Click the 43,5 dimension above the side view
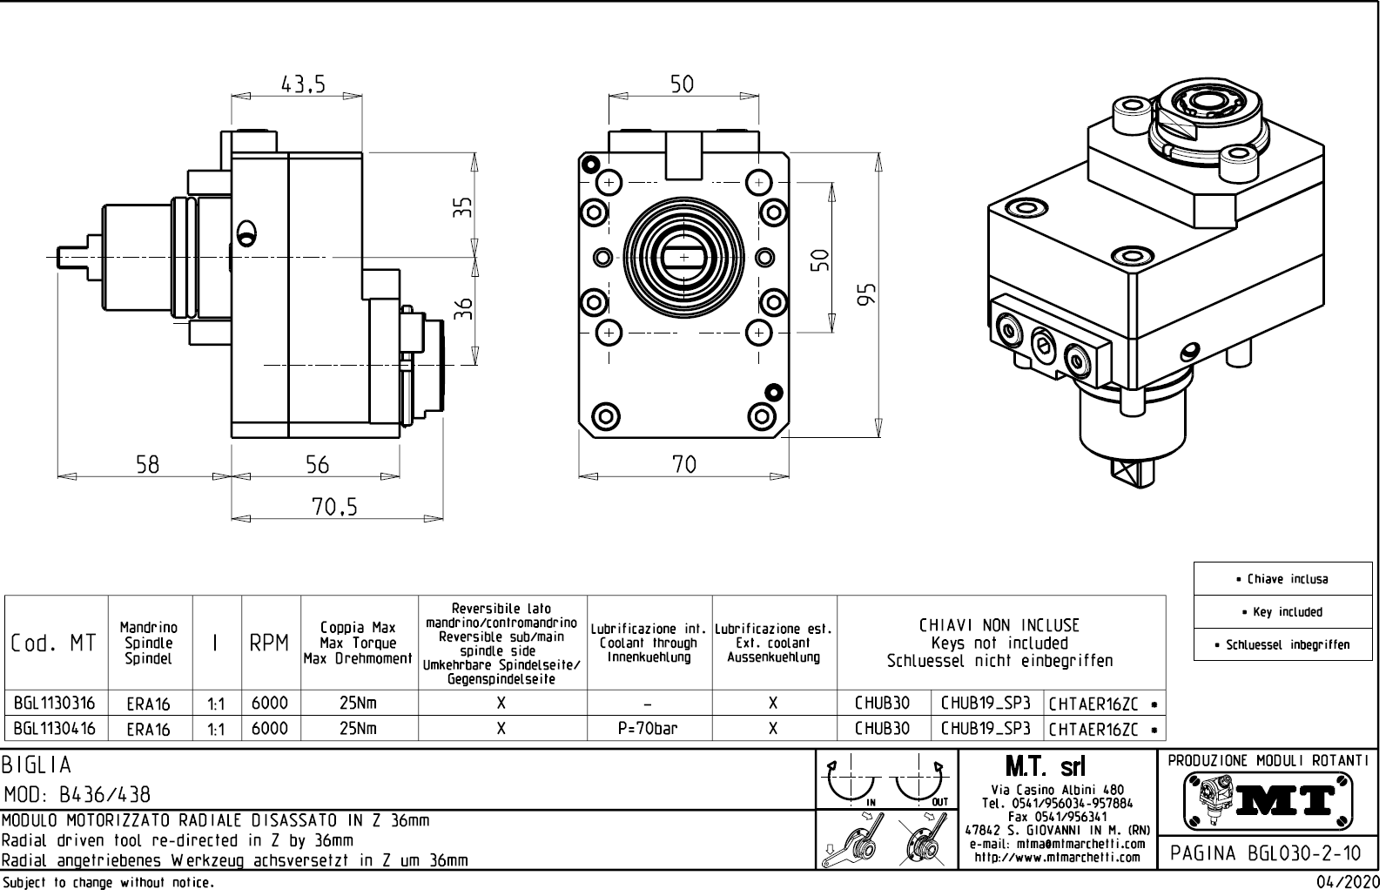pyautogui.click(x=302, y=84)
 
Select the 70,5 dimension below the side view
pyautogui.click(x=334, y=507)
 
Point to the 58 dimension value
pyautogui.click(x=147, y=464)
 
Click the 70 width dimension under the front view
pyautogui.click(x=684, y=464)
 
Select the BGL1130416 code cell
pyautogui.click(x=55, y=729)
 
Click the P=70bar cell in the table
pyautogui.click(x=649, y=729)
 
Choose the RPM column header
pyautogui.click(x=269, y=643)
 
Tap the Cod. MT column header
pyautogui.click(x=55, y=643)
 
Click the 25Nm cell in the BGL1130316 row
pyautogui.click(x=358, y=703)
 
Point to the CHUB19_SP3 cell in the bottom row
pyautogui.click(x=986, y=729)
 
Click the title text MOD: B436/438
pyautogui.click(x=77, y=795)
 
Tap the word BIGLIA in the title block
pyautogui.click(x=37, y=765)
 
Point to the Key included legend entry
pyautogui.click(x=1287, y=612)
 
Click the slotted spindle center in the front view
pyautogui.click(x=683, y=257)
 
